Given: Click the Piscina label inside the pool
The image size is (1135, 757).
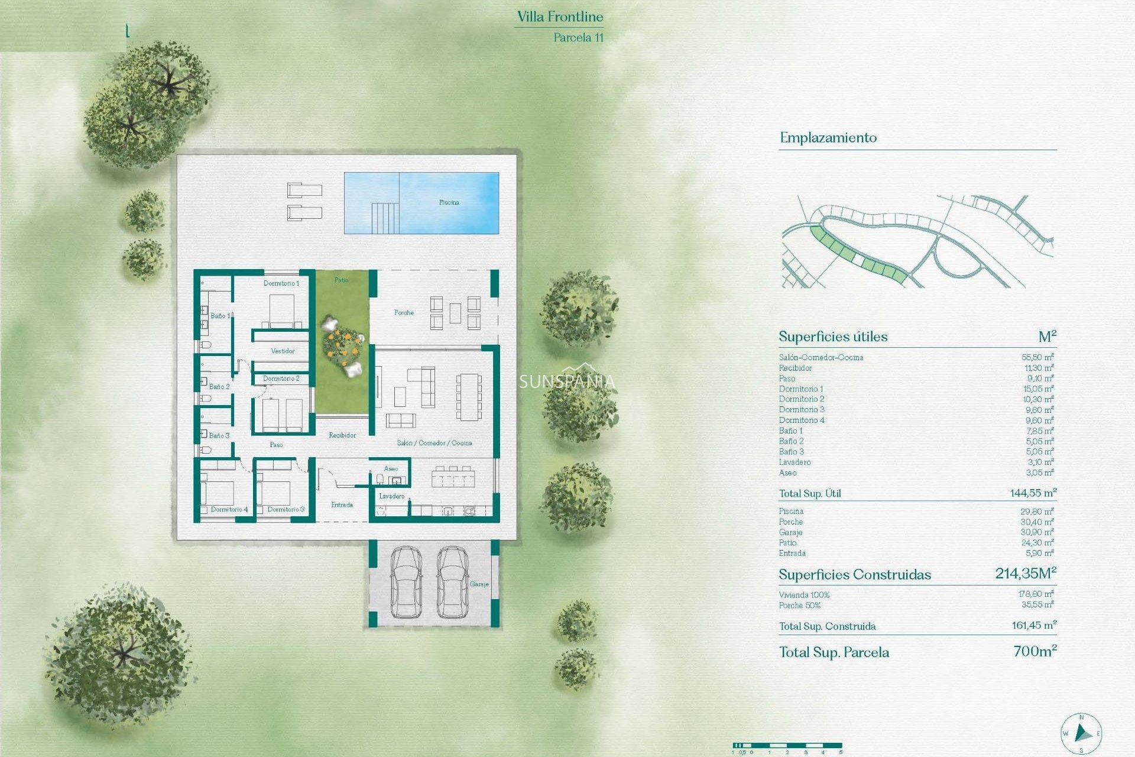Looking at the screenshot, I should click(449, 202).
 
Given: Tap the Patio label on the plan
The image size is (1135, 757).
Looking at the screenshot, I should click(342, 280).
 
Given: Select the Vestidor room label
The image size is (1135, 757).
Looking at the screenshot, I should click(283, 351).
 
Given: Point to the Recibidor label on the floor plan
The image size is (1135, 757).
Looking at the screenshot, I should click(342, 435).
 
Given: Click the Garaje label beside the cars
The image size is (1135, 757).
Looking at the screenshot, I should click(479, 584).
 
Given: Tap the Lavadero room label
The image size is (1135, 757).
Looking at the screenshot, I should click(392, 496).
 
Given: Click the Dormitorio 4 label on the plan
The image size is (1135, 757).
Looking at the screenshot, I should click(229, 509).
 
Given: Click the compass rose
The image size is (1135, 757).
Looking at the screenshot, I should click(1081, 734).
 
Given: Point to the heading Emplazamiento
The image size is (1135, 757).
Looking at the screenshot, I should click(828, 138).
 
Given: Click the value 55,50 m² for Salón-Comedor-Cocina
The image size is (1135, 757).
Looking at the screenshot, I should click(1037, 357).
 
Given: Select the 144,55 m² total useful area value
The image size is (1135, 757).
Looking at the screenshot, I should click(1033, 493).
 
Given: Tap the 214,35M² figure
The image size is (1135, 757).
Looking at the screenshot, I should click(1026, 573).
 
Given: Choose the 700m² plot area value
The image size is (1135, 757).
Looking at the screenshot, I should click(1035, 651).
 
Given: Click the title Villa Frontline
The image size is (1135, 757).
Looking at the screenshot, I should click(560, 17).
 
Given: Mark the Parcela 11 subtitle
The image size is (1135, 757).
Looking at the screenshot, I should click(578, 37).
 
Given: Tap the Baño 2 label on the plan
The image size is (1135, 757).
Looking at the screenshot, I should click(219, 387).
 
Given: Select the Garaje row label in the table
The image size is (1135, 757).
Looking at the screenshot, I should click(791, 532).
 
